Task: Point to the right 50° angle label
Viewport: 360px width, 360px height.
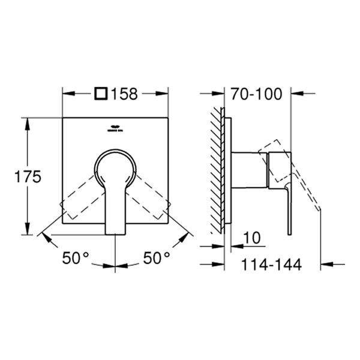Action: [x=157, y=258]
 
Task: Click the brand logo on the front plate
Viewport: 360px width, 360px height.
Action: [x=114, y=127]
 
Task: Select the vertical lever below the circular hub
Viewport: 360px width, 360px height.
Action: [x=115, y=210]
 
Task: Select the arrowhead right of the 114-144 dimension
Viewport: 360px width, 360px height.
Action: [x=326, y=263]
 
